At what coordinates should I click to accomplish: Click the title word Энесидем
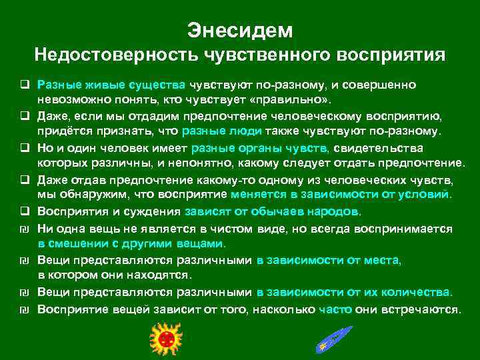(x=240, y=30)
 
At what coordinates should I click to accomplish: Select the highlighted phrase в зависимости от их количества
(x=354, y=293)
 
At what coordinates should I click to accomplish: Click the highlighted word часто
(x=335, y=309)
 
